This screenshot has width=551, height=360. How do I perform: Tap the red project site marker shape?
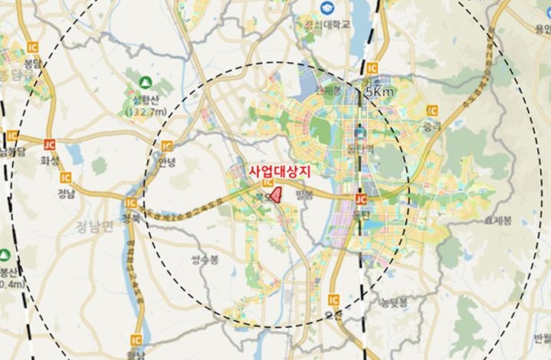click(x=279, y=195)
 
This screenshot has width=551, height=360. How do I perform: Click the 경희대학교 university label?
click(x=326, y=25)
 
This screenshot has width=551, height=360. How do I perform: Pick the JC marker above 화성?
click(x=50, y=144)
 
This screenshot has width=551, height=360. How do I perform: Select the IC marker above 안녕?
click(x=166, y=146)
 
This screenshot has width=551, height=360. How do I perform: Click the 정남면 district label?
click(x=94, y=225)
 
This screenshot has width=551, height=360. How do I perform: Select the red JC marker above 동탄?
click(x=362, y=198)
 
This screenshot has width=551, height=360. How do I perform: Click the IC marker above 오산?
click(x=333, y=299)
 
